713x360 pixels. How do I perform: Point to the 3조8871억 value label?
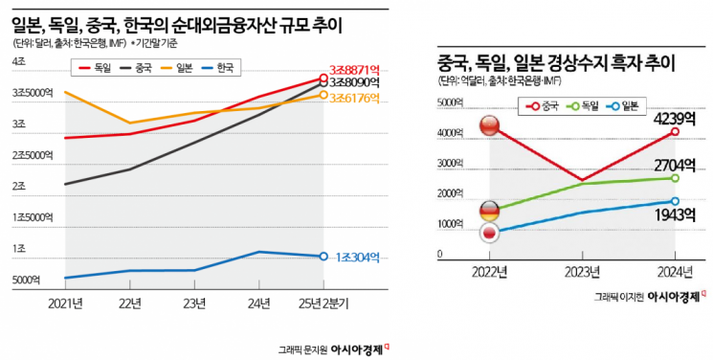(x=354, y=68)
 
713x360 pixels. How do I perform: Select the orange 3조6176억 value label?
(x=355, y=97)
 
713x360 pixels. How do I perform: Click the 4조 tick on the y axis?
(x=18, y=61)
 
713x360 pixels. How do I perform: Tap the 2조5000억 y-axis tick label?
(x=33, y=155)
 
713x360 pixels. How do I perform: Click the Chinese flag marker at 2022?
(x=489, y=125)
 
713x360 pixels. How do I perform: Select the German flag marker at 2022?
(x=489, y=211)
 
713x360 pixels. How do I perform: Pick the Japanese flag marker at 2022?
(x=489, y=233)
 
